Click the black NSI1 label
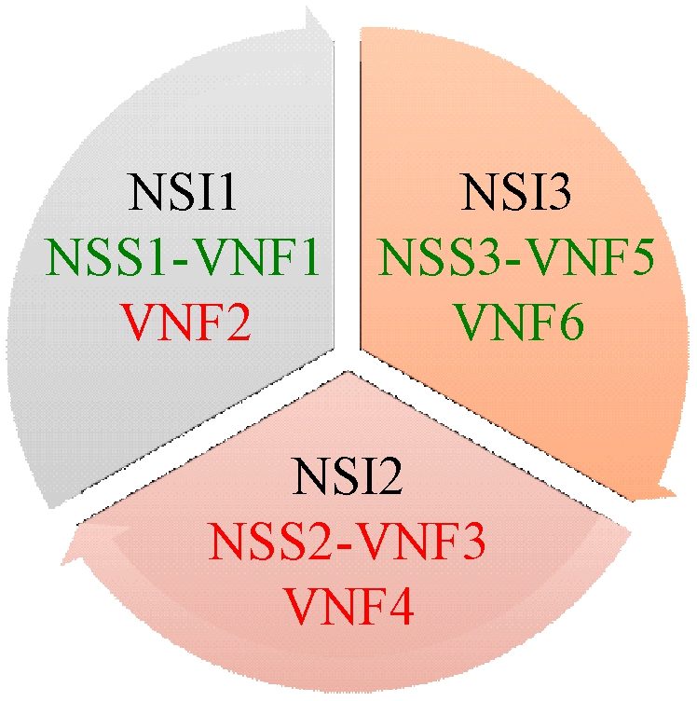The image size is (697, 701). (x=182, y=192)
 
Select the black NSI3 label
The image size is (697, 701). (x=516, y=192)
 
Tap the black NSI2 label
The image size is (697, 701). (x=348, y=475)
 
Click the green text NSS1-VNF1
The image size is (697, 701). (x=183, y=256)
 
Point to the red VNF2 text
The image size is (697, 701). (x=186, y=322)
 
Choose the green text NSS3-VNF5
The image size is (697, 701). (x=516, y=256)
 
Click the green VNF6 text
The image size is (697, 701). (x=519, y=322)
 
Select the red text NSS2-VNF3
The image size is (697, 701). (x=347, y=542)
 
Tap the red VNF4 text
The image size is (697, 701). (x=349, y=606)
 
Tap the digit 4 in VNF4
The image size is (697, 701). (x=401, y=607)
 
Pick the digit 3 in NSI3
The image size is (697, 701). (x=559, y=192)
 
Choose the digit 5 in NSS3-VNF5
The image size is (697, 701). (x=642, y=257)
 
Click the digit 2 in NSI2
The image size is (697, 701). (x=389, y=475)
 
